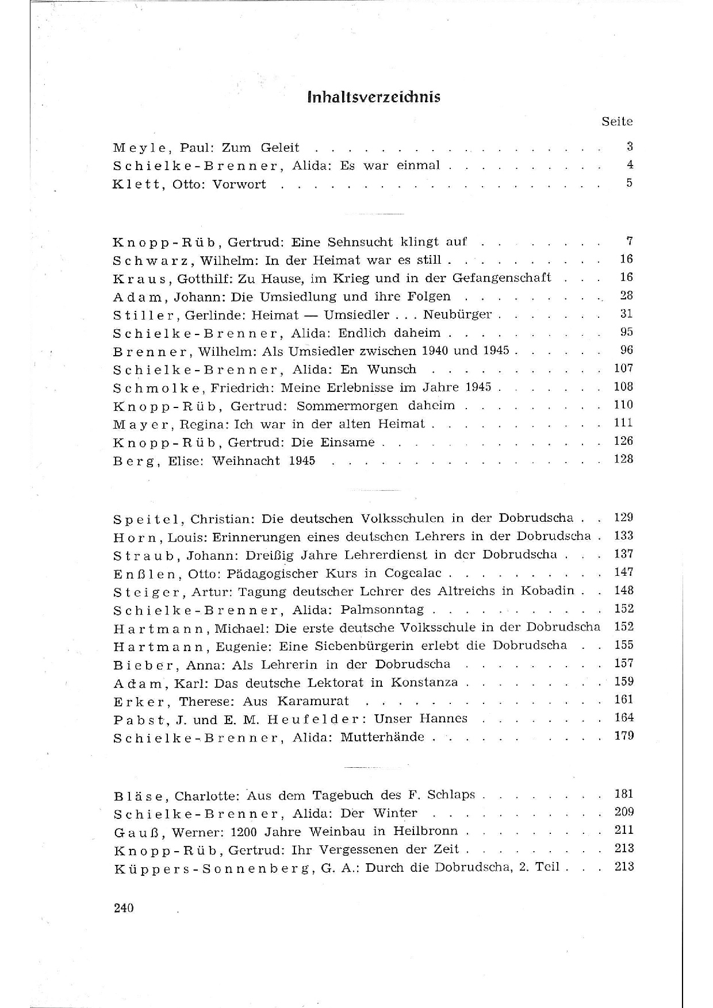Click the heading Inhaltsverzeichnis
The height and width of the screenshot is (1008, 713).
(374, 97)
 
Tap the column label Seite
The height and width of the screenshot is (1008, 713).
(617, 121)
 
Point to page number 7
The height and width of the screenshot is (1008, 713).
(629, 241)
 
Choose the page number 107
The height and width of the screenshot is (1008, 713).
(623, 368)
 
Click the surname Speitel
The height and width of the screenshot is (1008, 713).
(147, 519)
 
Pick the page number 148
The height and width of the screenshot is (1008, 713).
(623, 590)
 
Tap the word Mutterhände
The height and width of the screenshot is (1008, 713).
(382, 737)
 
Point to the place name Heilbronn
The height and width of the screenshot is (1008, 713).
(425, 831)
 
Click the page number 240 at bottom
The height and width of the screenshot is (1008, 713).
(124, 908)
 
